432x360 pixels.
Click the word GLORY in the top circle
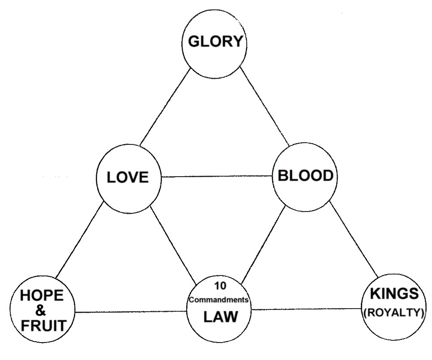(x=215, y=42)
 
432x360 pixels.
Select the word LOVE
(x=128, y=177)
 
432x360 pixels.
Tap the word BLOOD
(x=305, y=176)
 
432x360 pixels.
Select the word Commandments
(x=219, y=300)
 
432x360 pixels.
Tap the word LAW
(x=220, y=317)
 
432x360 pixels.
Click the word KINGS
(x=394, y=294)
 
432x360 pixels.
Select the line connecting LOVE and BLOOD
(x=217, y=176)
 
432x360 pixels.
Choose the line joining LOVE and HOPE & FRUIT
(x=80, y=239)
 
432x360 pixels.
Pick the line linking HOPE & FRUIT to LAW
(x=131, y=311)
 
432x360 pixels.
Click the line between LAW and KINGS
(x=307, y=309)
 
